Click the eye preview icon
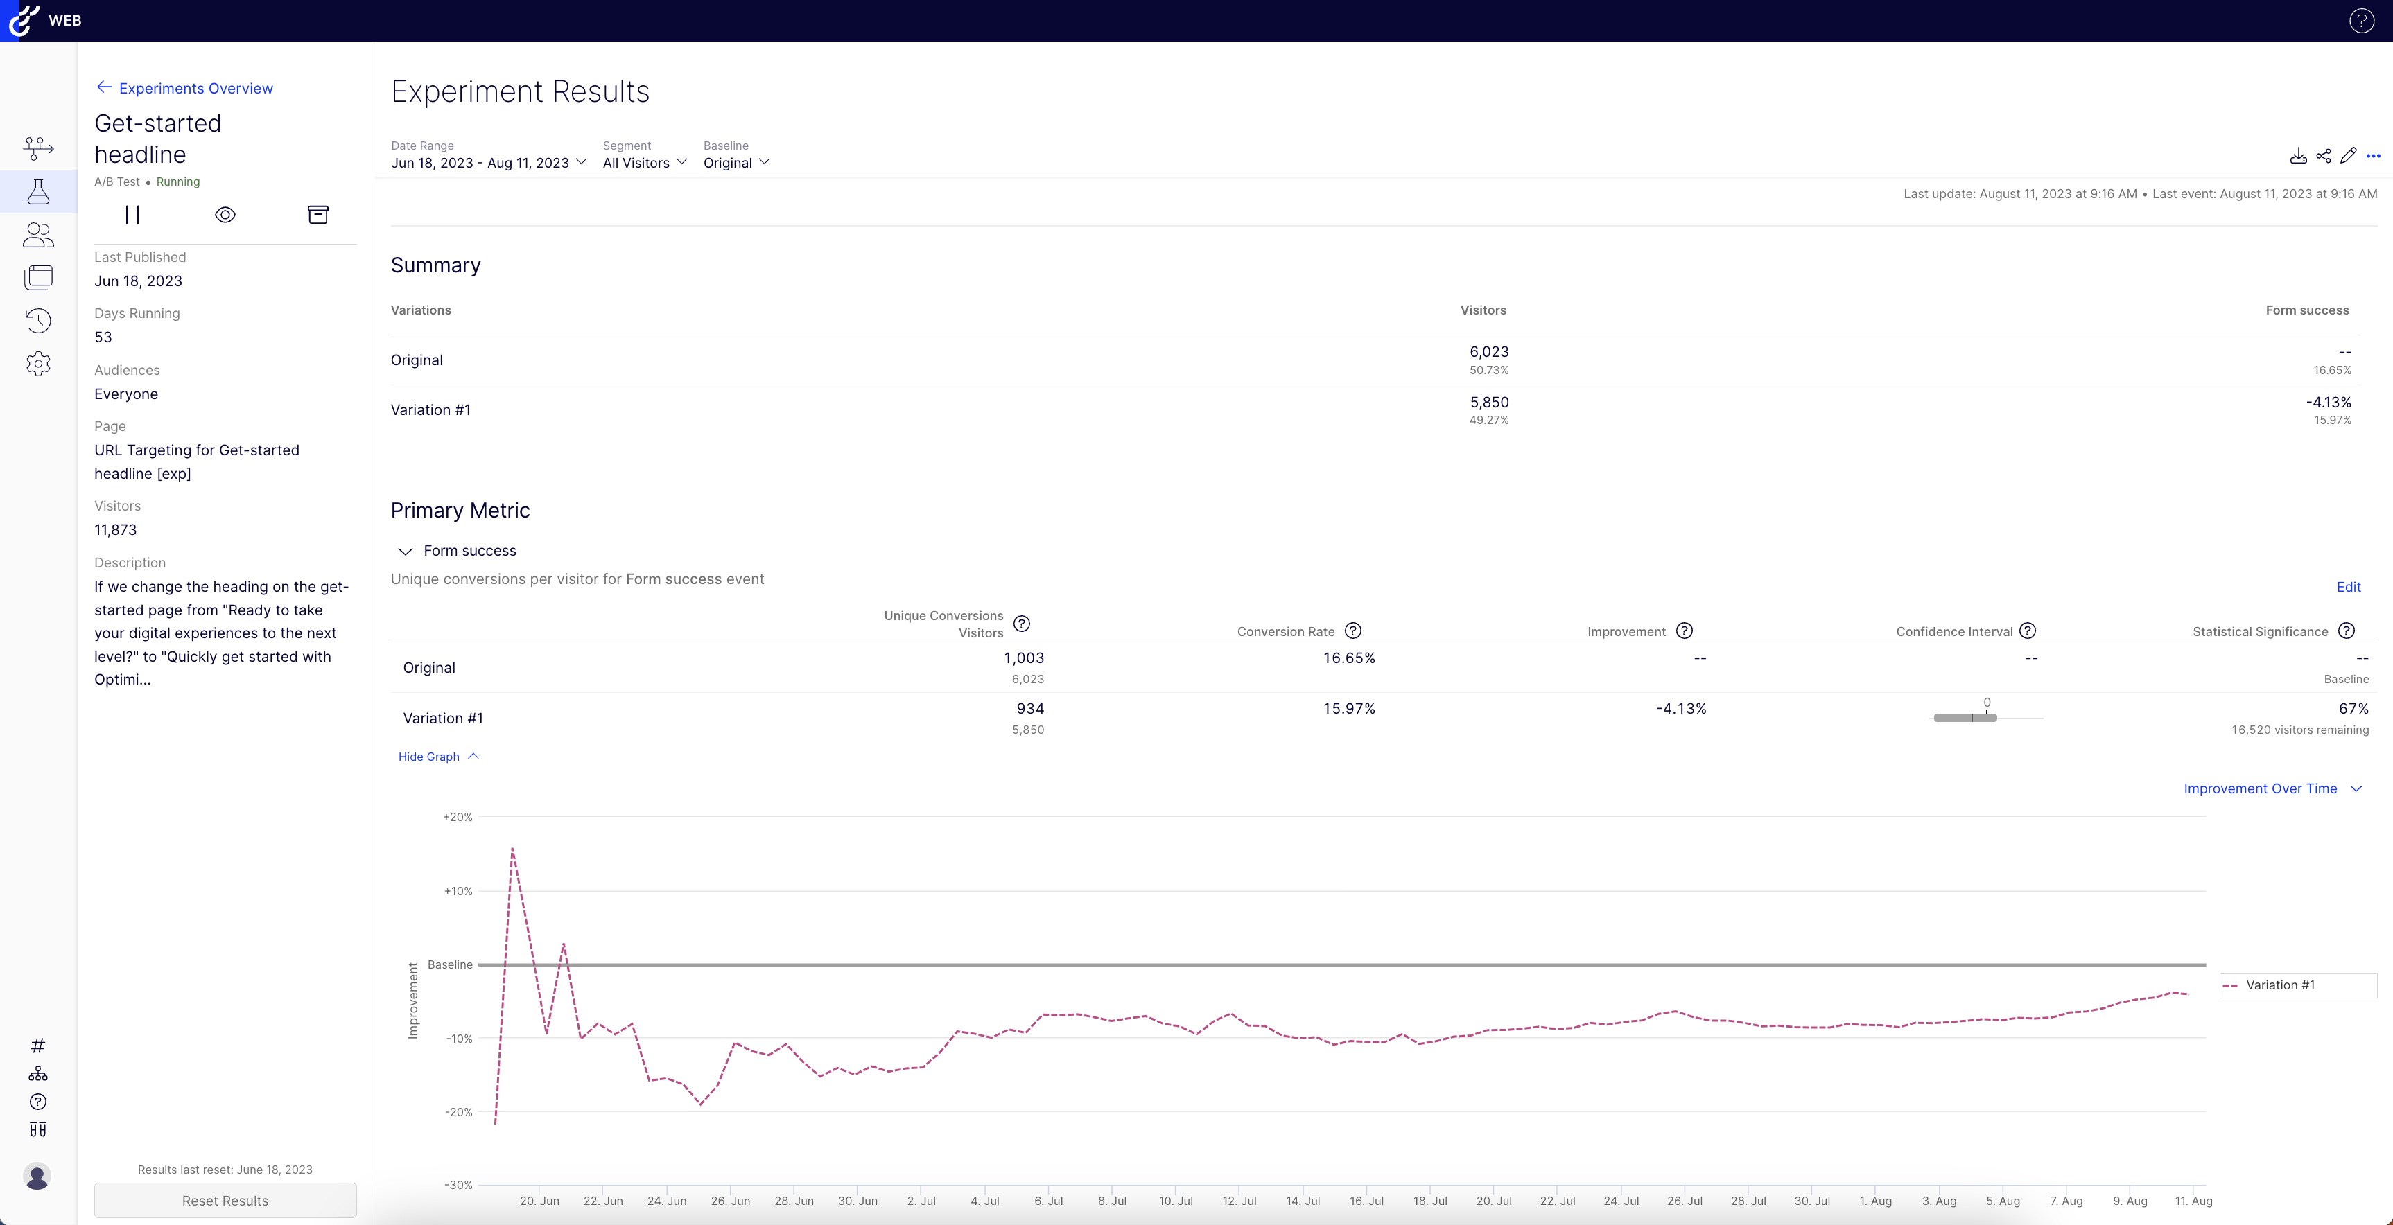(x=225, y=215)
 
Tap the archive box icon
(x=317, y=215)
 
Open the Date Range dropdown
(x=489, y=163)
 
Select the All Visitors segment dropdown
(x=645, y=163)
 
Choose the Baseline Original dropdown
(x=736, y=163)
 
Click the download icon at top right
(x=2298, y=156)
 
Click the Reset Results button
(x=225, y=1201)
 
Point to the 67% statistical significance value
(x=2353, y=709)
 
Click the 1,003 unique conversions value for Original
(x=1024, y=658)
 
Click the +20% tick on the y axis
(x=458, y=818)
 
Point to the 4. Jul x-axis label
(x=984, y=1201)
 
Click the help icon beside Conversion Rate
(x=1353, y=631)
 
